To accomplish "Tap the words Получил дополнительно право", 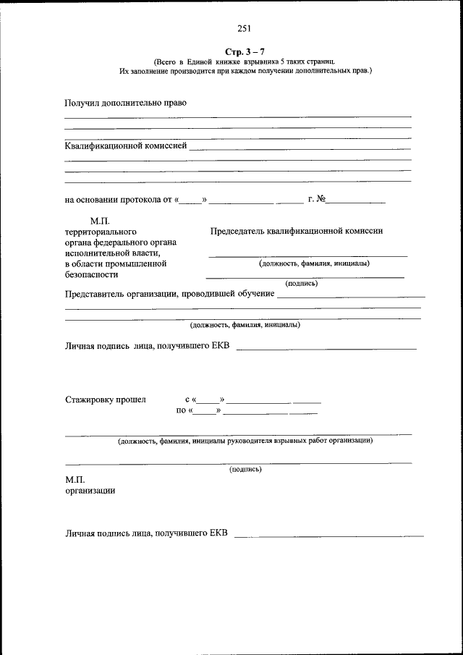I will pos(126,102).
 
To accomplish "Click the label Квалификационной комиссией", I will pos(126,145).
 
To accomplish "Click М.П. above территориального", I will pos(99,220).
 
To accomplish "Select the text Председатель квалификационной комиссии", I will pos(297,231).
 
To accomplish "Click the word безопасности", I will pos(91,275).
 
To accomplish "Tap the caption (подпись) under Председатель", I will pos(301,283).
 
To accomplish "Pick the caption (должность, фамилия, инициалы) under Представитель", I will pos(240,325).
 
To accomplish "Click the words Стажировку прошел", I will pos(105,400).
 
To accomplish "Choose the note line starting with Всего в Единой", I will pos(244,63).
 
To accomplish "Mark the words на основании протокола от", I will pos(118,200).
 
